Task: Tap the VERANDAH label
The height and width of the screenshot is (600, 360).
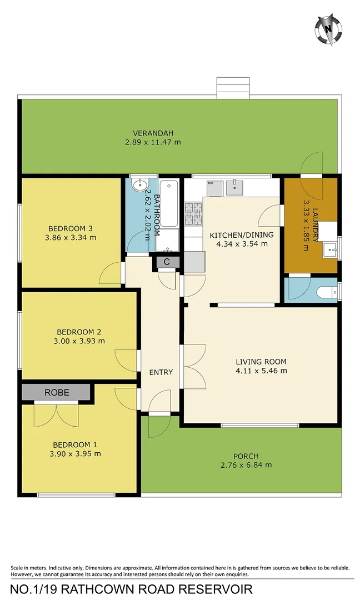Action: coord(153,133)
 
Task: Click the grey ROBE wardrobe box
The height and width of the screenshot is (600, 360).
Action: coord(56,392)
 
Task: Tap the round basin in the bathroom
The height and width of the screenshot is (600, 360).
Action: coord(139,184)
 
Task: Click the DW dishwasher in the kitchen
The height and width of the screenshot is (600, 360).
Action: coord(214,188)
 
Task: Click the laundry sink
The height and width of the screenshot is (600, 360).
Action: coord(331,249)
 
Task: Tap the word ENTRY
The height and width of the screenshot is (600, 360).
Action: coord(161,372)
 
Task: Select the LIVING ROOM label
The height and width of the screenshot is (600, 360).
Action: coord(261,362)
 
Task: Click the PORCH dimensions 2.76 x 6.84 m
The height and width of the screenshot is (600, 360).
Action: coord(246,465)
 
